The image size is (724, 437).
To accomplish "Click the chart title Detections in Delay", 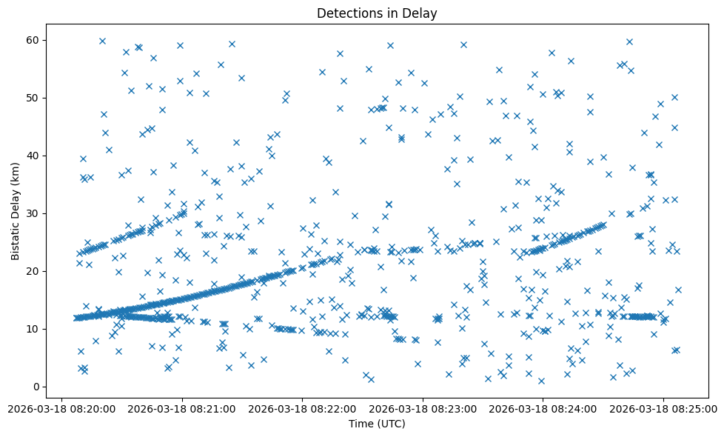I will coord(377,13).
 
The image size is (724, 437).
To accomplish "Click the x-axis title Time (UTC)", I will coord(377,424).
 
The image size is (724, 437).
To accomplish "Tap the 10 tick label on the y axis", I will coord(33,329).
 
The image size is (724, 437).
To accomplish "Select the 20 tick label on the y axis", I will coord(33,271).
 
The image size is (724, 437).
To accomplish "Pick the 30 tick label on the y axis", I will coord(33,213).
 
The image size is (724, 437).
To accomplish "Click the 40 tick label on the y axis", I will coord(33,156).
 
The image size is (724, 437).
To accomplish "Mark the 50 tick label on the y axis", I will coord(33,98).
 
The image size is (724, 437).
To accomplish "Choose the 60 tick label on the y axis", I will coord(33,40).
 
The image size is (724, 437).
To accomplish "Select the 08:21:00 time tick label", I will coord(182,408).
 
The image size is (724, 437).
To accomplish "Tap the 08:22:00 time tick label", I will coord(303,408).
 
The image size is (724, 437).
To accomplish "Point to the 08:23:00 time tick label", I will coord(423,408).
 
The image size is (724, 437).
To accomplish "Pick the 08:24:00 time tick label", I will coord(544,408).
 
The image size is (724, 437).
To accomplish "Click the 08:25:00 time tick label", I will coord(663,408).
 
